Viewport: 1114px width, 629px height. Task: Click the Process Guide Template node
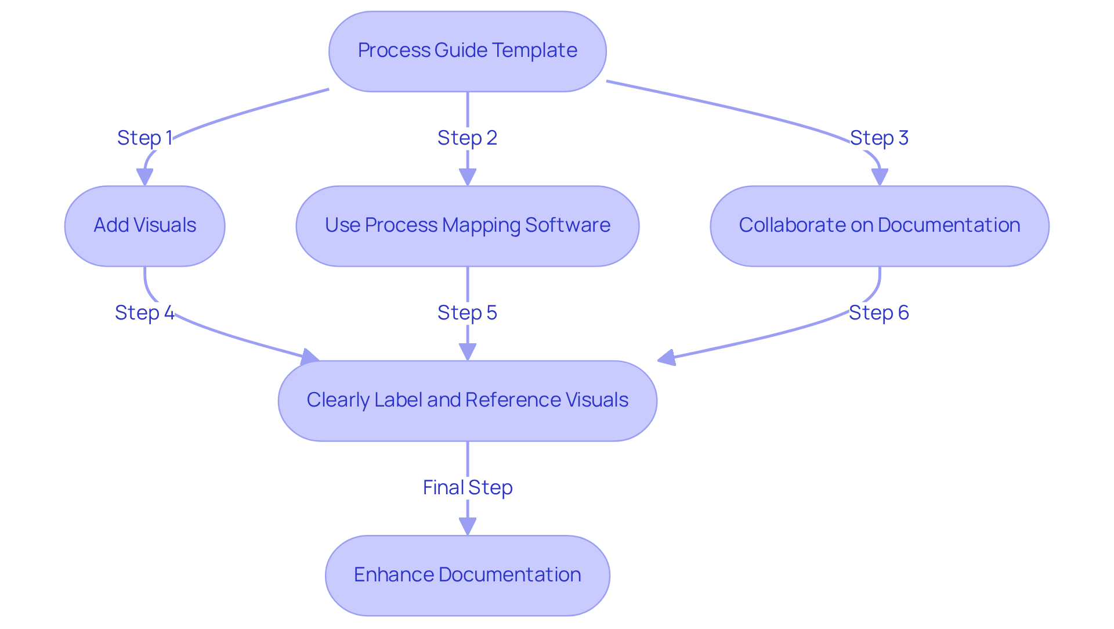(467, 51)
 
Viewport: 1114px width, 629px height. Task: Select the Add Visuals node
(144, 226)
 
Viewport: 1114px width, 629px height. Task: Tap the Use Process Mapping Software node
(467, 226)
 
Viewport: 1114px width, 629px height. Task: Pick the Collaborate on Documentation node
(879, 226)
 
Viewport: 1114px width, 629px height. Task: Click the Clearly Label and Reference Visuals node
(467, 401)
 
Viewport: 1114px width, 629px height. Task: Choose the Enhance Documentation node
(467, 575)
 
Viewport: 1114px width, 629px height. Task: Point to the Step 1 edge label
(144, 138)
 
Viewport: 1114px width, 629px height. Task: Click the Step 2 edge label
(467, 138)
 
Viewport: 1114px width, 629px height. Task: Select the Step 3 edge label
(879, 138)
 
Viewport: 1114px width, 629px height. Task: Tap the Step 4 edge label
(144, 313)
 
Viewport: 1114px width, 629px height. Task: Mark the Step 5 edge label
(467, 313)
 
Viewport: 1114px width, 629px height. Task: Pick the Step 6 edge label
(879, 313)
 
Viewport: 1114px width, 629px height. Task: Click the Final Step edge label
(467, 488)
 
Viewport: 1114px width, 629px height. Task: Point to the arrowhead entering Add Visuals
(144, 177)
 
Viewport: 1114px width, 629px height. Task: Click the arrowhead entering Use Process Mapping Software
(467, 177)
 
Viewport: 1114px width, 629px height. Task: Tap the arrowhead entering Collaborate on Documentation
(880, 177)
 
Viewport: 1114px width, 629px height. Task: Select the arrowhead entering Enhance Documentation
(467, 526)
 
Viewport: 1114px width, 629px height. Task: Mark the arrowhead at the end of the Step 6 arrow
(666, 358)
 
